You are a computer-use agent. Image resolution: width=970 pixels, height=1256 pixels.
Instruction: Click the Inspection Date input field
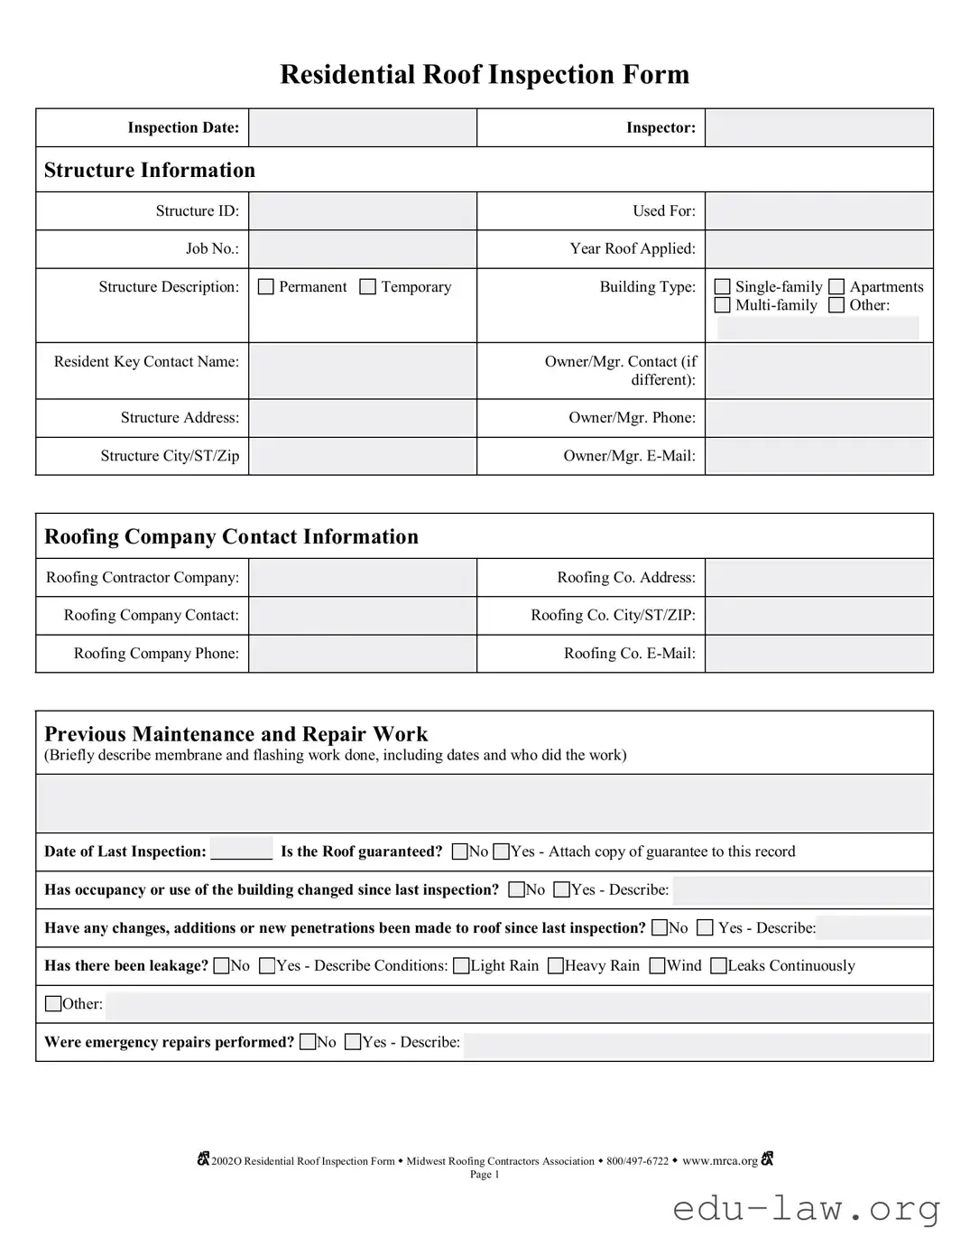pos(363,128)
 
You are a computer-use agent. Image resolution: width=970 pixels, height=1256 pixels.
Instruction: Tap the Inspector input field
pos(818,128)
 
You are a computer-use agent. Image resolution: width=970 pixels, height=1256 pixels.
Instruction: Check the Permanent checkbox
pos(266,287)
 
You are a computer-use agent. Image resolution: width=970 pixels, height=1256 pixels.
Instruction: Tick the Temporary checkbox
pos(368,287)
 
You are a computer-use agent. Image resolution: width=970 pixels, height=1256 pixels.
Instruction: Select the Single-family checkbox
pos(723,287)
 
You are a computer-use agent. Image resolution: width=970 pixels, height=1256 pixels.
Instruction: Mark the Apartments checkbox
pos(836,287)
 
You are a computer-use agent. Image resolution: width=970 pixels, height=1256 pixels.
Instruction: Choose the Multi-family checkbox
pos(723,305)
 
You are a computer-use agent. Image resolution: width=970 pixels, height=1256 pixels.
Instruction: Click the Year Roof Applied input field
pos(818,249)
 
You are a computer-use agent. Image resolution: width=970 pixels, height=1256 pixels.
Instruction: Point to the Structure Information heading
pos(150,171)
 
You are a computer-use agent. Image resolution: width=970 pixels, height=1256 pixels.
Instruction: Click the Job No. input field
pos(363,249)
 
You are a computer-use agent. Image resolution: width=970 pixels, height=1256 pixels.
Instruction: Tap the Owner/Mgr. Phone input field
pos(818,418)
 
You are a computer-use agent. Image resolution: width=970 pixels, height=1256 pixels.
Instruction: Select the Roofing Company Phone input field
pos(363,654)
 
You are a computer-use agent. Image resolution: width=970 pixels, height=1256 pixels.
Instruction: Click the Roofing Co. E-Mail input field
pos(818,654)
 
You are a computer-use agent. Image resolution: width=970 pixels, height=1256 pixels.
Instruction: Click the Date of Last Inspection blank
pos(241,851)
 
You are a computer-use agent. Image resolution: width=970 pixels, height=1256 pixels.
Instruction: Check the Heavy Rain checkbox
pos(556,966)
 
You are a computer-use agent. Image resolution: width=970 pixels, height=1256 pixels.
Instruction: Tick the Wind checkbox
pos(658,966)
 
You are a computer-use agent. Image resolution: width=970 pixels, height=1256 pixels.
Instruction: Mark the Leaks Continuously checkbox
pos(719,966)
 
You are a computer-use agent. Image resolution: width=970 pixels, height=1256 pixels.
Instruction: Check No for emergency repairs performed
pos(309,1042)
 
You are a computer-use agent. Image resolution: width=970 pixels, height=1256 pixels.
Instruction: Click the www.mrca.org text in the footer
pos(720,1161)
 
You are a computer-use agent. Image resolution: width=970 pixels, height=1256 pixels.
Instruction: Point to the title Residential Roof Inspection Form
pos(485,74)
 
